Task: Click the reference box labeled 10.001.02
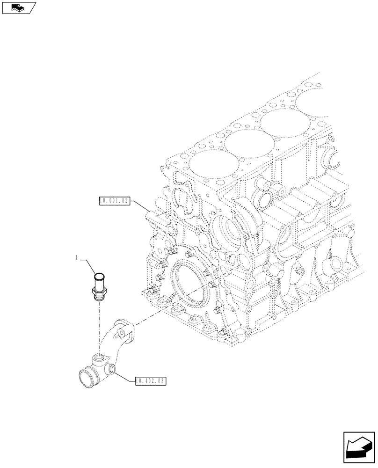click(x=113, y=201)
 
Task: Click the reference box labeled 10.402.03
click(x=151, y=381)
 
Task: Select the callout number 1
click(x=77, y=257)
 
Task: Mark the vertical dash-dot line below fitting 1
click(x=99, y=328)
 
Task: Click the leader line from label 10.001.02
click(x=140, y=206)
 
